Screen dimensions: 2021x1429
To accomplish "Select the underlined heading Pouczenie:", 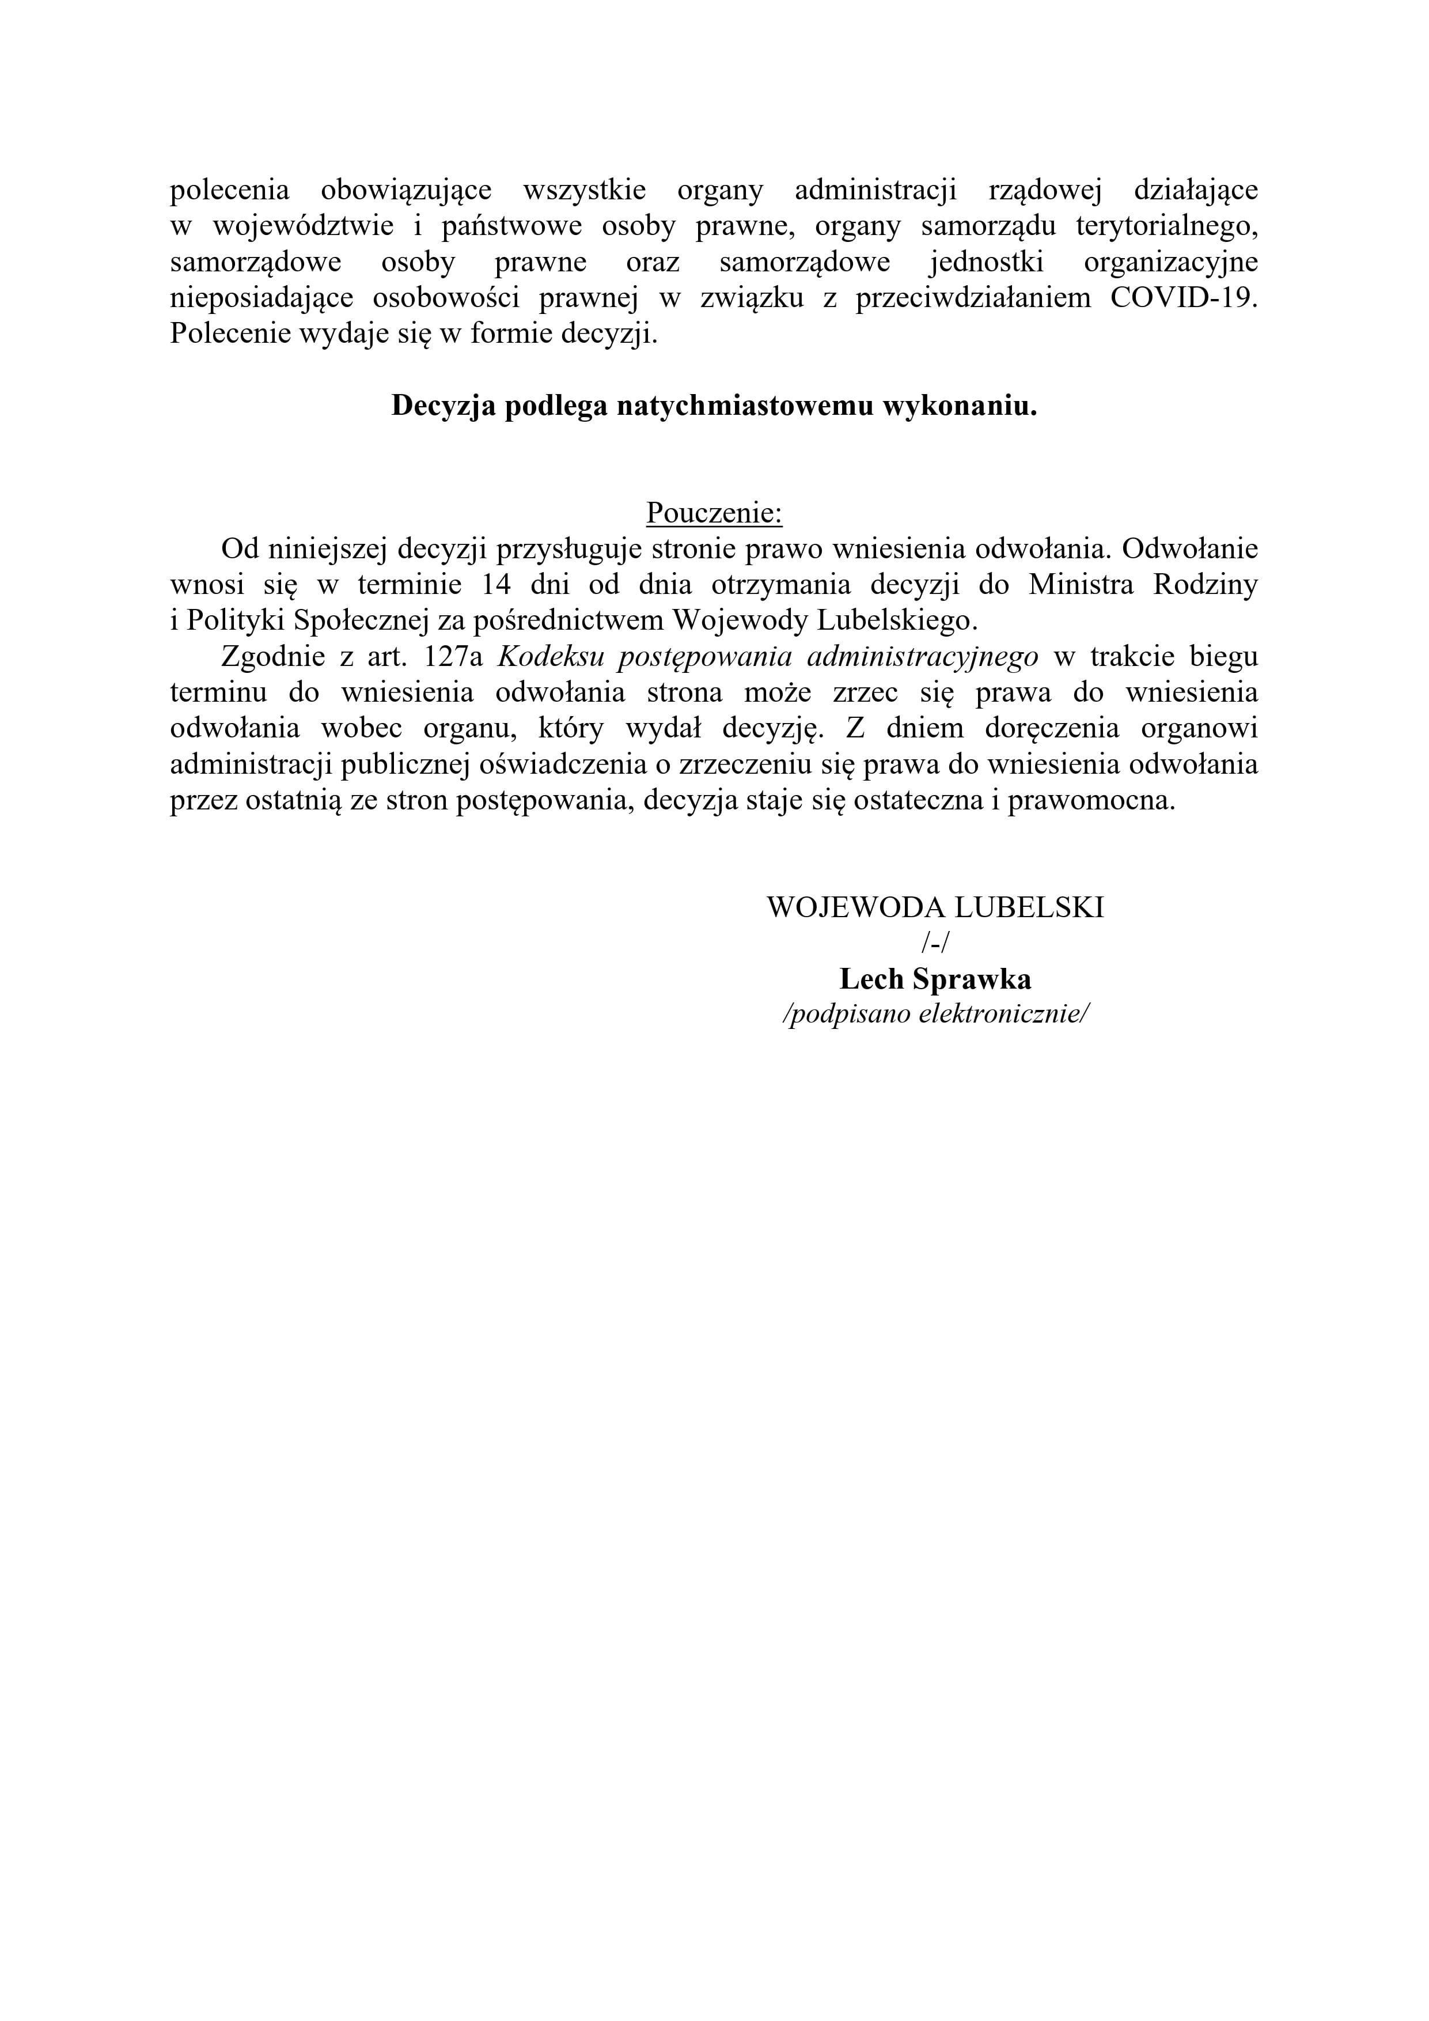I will tap(714, 512).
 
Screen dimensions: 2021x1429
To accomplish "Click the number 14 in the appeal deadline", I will tap(497, 585).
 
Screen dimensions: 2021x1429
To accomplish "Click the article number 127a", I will tap(452, 657).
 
